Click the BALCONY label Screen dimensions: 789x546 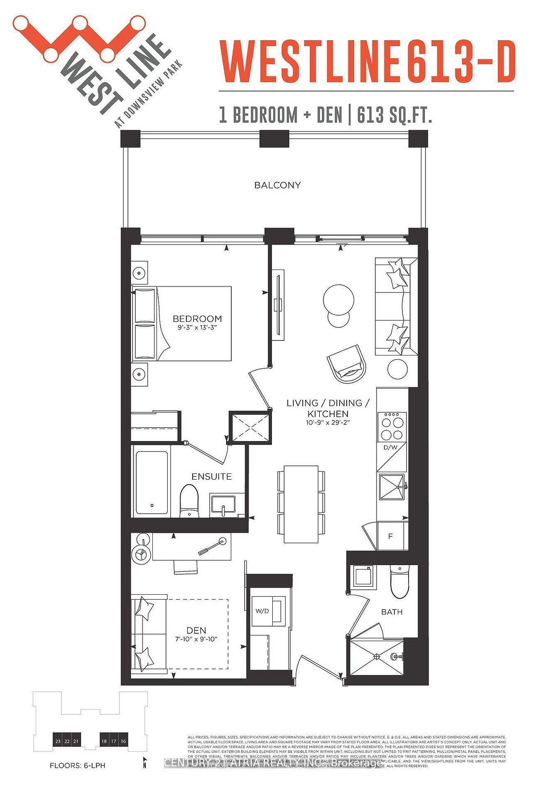click(277, 185)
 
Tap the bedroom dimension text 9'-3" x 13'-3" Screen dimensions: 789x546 click(197, 328)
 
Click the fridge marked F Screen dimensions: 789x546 click(390, 536)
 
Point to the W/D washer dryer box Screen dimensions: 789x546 click(262, 611)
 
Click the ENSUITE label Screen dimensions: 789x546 click(211, 476)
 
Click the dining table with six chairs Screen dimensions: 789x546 click(301, 504)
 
